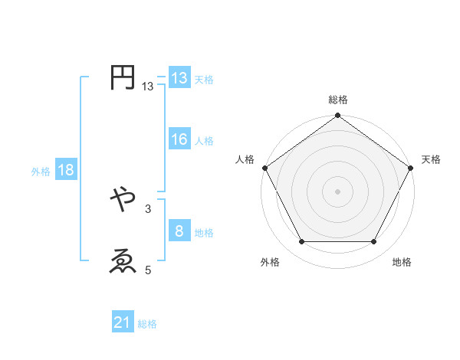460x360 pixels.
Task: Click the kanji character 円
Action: coord(123,78)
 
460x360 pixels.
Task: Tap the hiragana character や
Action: coord(123,199)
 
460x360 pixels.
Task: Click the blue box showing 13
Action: coord(179,78)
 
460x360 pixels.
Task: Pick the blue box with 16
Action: coord(179,139)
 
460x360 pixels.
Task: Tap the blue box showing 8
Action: coord(179,231)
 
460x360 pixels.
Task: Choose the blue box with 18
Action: coord(65,170)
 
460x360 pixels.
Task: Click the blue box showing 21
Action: coord(123,323)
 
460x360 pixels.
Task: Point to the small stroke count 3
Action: coord(147,208)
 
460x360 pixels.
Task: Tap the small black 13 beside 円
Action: coord(147,87)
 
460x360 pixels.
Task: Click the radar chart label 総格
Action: coord(338,100)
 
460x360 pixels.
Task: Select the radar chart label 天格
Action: coord(431,159)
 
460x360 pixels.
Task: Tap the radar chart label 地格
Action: coord(402,262)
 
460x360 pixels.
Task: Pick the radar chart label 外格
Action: coord(270,262)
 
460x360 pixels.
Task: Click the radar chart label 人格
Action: coord(245,159)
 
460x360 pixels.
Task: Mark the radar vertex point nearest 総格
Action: coord(338,116)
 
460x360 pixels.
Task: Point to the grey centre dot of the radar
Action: coord(338,191)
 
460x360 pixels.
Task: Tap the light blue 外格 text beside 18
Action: coord(41,172)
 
